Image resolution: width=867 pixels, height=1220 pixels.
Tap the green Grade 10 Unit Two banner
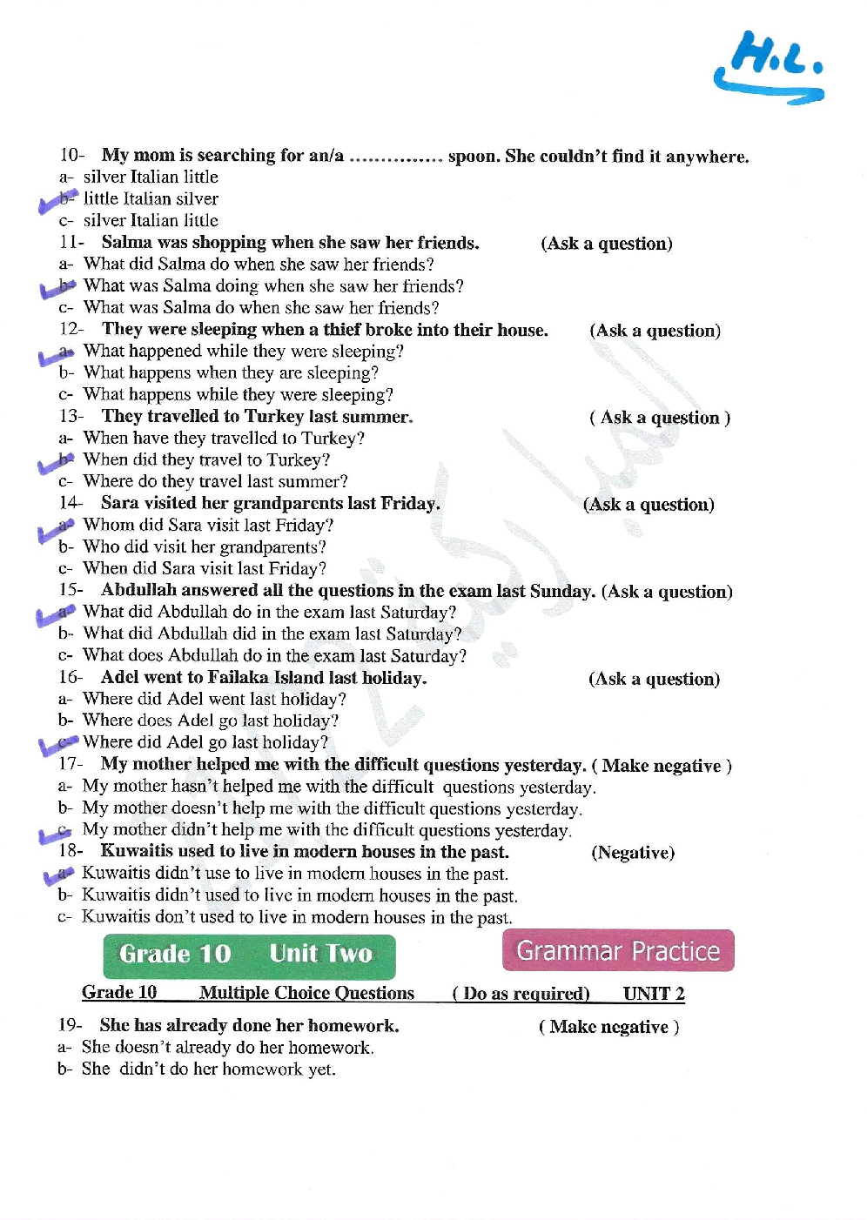[x=248, y=955]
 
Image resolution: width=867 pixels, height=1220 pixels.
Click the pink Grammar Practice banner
[x=618, y=950]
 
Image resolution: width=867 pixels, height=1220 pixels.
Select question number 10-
[x=72, y=155]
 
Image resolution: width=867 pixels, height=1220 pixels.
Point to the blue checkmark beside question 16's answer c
[x=57, y=744]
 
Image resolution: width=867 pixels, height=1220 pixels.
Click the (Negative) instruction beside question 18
[x=633, y=852]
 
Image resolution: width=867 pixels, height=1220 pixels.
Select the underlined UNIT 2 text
[x=654, y=993]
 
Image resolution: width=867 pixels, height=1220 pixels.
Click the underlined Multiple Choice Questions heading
[x=306, y=993]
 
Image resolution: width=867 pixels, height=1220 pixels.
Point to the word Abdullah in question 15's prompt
[x=140, y=590]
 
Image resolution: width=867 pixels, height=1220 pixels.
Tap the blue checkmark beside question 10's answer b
[x=57, y=201]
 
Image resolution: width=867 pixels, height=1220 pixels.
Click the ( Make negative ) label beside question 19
[x=608, y=1026]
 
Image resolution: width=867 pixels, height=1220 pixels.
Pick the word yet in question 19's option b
[x=321, y=1069]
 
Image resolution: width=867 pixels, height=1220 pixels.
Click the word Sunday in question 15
[x=561, y=591]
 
